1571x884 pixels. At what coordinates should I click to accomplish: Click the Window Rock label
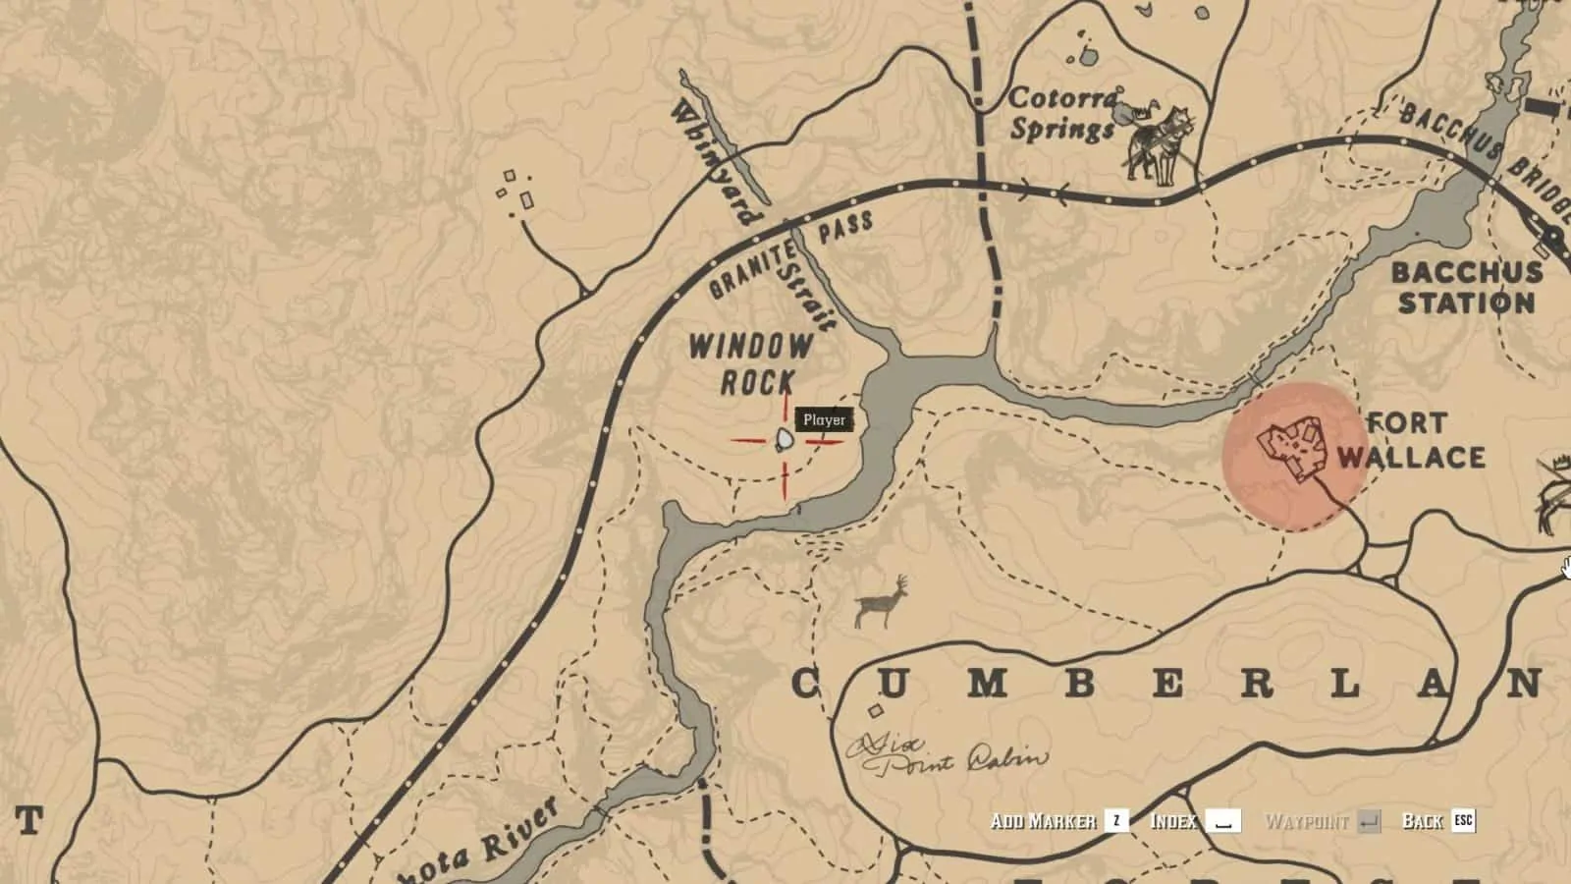(x=751, y=363)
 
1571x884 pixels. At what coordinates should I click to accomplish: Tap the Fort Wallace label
(x=1410, y=441)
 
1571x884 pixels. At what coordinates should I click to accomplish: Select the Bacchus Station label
(x=1466, y=287)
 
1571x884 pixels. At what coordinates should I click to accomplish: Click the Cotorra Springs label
(x=1062, y=114)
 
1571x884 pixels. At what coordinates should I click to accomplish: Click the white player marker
(x=785, y=440)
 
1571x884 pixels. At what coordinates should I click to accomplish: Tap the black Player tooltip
(x=824, y=420)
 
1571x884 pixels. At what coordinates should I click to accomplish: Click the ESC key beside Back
(x=1463, y=820)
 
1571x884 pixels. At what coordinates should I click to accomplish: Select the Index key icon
(x=1222, y=821)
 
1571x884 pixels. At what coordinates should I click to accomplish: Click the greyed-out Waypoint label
(x=1306, y=821)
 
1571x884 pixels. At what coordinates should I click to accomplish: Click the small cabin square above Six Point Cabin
(x=875, y=711)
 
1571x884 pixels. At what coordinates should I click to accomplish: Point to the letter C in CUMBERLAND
(x=806, y=684)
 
